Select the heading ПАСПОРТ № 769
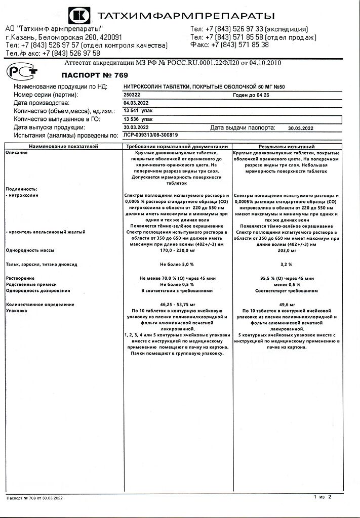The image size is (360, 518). [x=87, y=75]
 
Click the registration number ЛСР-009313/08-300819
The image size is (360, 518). [x=150, y=136]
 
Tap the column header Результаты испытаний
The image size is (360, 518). [x=293, y=146]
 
